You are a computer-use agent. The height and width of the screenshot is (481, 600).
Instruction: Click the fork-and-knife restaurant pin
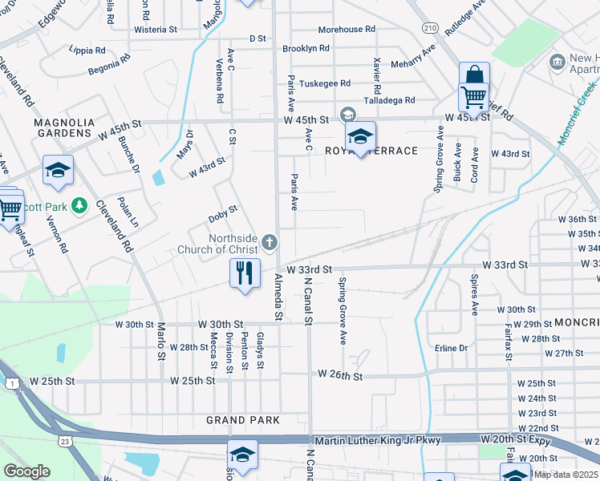[x=245, y=273]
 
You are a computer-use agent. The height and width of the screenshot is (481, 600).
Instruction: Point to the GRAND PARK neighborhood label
[x=243, y=420]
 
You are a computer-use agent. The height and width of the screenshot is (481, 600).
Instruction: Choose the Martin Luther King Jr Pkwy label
[x=392, y=440]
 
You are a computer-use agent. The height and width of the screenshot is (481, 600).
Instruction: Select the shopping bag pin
[x=474, y=77]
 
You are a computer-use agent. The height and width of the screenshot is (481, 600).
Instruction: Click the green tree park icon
[x=79, y=207]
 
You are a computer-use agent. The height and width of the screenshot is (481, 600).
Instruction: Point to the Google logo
[x=26, y=471]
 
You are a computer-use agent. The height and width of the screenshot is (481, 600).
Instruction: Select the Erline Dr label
[x=452, y=348]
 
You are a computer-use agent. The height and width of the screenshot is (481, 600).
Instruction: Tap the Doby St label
[x=223, y=212]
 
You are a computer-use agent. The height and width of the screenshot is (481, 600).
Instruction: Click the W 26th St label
[x=341, y=374]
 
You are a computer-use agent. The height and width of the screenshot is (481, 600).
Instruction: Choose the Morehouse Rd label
[x=347, y=29]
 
